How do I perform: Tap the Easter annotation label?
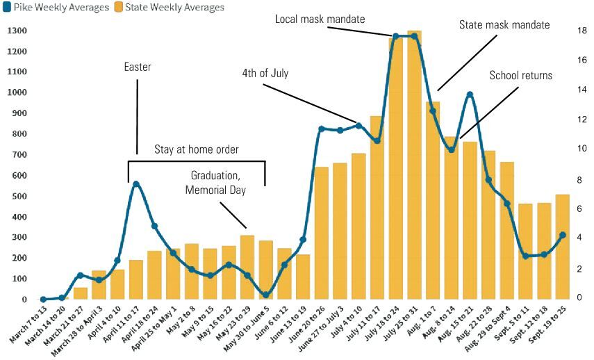point(138,67)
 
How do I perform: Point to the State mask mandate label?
point(504,25)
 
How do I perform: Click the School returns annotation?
point(521,75)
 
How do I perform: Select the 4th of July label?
point(265,73)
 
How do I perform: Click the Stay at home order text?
point(197,149)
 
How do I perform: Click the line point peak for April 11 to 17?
point(136,183)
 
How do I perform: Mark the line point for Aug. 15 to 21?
point(470,95)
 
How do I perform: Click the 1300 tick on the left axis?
point(17,31)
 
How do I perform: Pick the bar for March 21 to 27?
point(81,293)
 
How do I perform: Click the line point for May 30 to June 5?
point(266,295)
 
